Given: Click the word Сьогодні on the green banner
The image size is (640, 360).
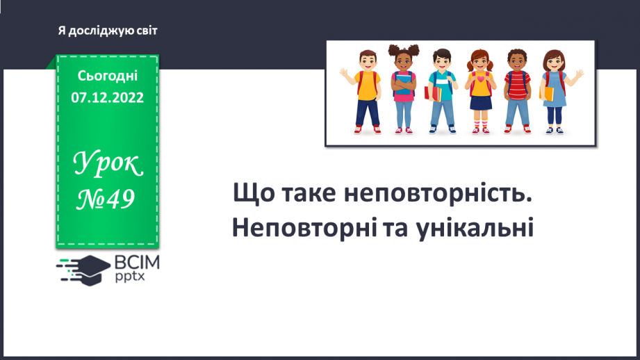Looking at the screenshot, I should point(107,76).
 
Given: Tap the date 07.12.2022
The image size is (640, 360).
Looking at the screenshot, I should point(107,98).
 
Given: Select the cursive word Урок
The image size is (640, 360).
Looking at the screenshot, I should point(108,165).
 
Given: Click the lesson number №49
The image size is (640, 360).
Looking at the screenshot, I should point(107,200).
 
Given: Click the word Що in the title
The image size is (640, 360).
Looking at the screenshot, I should point(254,195).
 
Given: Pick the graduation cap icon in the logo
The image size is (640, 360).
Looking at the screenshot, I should point(91,267).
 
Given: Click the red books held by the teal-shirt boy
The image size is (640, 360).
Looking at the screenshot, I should point(433,94).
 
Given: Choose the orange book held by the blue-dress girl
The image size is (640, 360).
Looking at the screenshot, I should point(548,92).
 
